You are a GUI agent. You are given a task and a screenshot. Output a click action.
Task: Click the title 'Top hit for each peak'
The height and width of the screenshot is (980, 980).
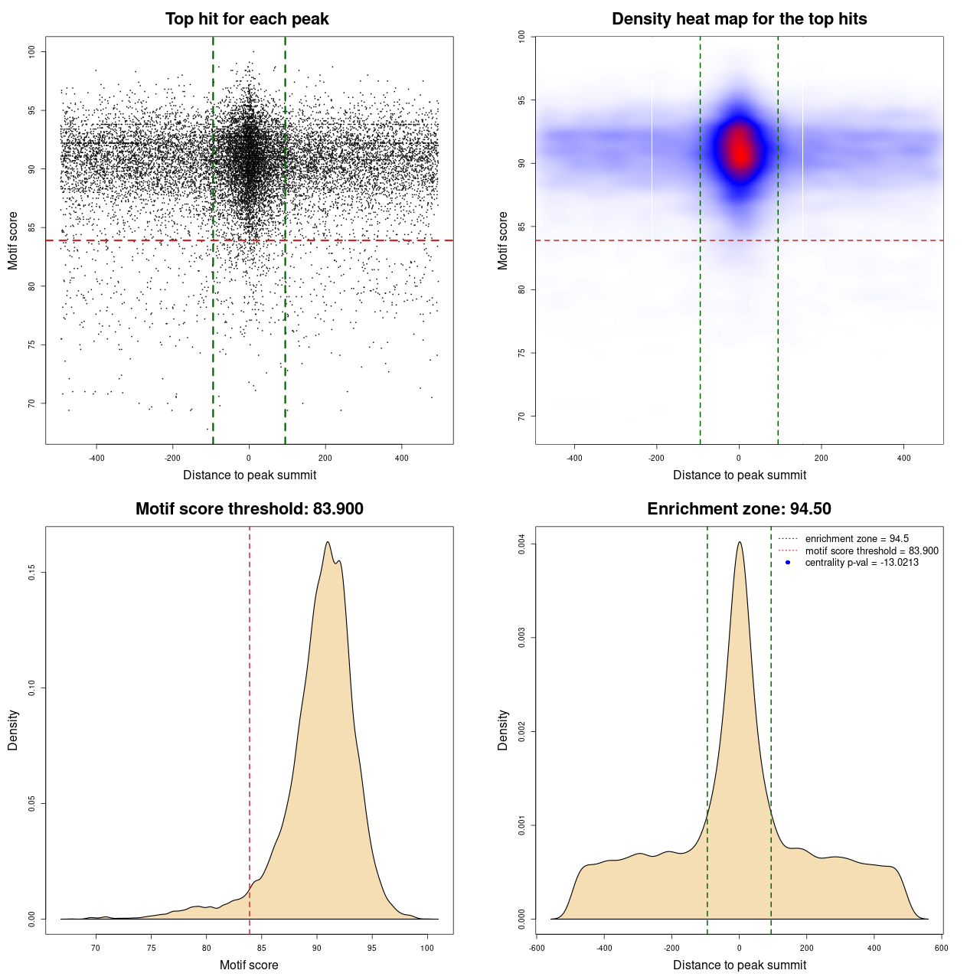coord(247,19)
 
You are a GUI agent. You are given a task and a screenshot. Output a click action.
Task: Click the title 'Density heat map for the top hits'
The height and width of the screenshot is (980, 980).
coord(739,19)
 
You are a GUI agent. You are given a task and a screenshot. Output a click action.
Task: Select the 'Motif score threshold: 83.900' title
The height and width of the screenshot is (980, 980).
coord(249,509)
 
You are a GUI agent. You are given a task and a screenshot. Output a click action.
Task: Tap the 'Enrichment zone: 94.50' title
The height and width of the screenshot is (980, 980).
coord(739,509)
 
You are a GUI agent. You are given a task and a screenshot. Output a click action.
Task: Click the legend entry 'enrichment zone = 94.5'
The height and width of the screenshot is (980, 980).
coord(857,539)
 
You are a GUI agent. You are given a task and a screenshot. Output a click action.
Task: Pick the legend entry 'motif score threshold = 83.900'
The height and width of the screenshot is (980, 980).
coord(871,551)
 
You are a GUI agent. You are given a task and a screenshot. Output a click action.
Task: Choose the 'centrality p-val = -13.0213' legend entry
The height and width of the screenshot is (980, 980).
coord(861,563)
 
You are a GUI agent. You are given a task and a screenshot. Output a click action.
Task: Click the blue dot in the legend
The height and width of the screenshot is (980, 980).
coord(788,563)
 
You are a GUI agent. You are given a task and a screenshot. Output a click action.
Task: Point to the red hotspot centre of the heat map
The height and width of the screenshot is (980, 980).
coord(740,151)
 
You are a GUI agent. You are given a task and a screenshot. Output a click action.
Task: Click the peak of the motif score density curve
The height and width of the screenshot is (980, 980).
coord(328,542)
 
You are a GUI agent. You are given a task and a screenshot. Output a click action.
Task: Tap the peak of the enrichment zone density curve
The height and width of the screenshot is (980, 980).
coord(740,542)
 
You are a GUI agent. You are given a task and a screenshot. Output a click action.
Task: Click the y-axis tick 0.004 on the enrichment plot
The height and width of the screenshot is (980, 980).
coord(522,544)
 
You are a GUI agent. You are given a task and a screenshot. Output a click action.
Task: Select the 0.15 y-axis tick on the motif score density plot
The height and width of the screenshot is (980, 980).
coord(32,573)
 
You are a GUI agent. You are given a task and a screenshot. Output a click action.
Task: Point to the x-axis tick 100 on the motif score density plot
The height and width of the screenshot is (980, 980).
coord(427,948)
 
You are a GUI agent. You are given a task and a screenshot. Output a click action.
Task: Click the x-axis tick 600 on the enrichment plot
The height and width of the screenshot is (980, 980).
coord(941,948)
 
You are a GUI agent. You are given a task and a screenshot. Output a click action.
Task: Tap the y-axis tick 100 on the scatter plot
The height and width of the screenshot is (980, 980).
coord(32,51)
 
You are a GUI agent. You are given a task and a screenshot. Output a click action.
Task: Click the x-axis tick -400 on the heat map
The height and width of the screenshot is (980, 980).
coord(574,458)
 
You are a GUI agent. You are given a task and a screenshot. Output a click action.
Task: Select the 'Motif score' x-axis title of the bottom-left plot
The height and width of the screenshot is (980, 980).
coord(249,965)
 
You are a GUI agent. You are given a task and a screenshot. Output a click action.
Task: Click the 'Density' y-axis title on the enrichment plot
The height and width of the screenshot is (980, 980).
coord(503,730)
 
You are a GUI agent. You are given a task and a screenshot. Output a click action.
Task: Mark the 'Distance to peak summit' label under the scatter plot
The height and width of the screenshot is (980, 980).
coord(250,475)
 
